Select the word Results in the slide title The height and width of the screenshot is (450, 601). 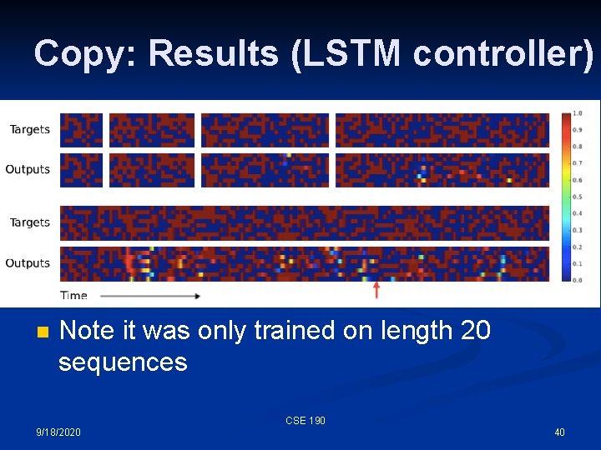click(210, 53)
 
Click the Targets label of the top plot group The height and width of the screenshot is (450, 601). click(30, 129)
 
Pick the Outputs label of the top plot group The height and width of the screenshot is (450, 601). click(28, 169)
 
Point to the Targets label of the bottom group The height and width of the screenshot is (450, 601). click(30, 222)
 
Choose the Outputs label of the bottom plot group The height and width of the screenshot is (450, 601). click(28, 263)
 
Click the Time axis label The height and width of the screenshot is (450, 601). click(73, 295)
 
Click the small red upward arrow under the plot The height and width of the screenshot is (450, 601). click(376, 290)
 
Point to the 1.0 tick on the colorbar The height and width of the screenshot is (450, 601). click(577, 113)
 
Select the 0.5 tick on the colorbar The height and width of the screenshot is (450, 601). click(577, 197)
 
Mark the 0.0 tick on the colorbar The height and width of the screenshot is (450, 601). click(577, 280)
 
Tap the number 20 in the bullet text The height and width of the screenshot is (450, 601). click(475, 331)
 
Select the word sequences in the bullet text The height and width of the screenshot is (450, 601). click(123, 362)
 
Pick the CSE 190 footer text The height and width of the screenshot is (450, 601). click(306, 421)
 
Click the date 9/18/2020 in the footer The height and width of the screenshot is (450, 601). click(58, 432)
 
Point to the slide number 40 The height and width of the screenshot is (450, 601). click(559, 432)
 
